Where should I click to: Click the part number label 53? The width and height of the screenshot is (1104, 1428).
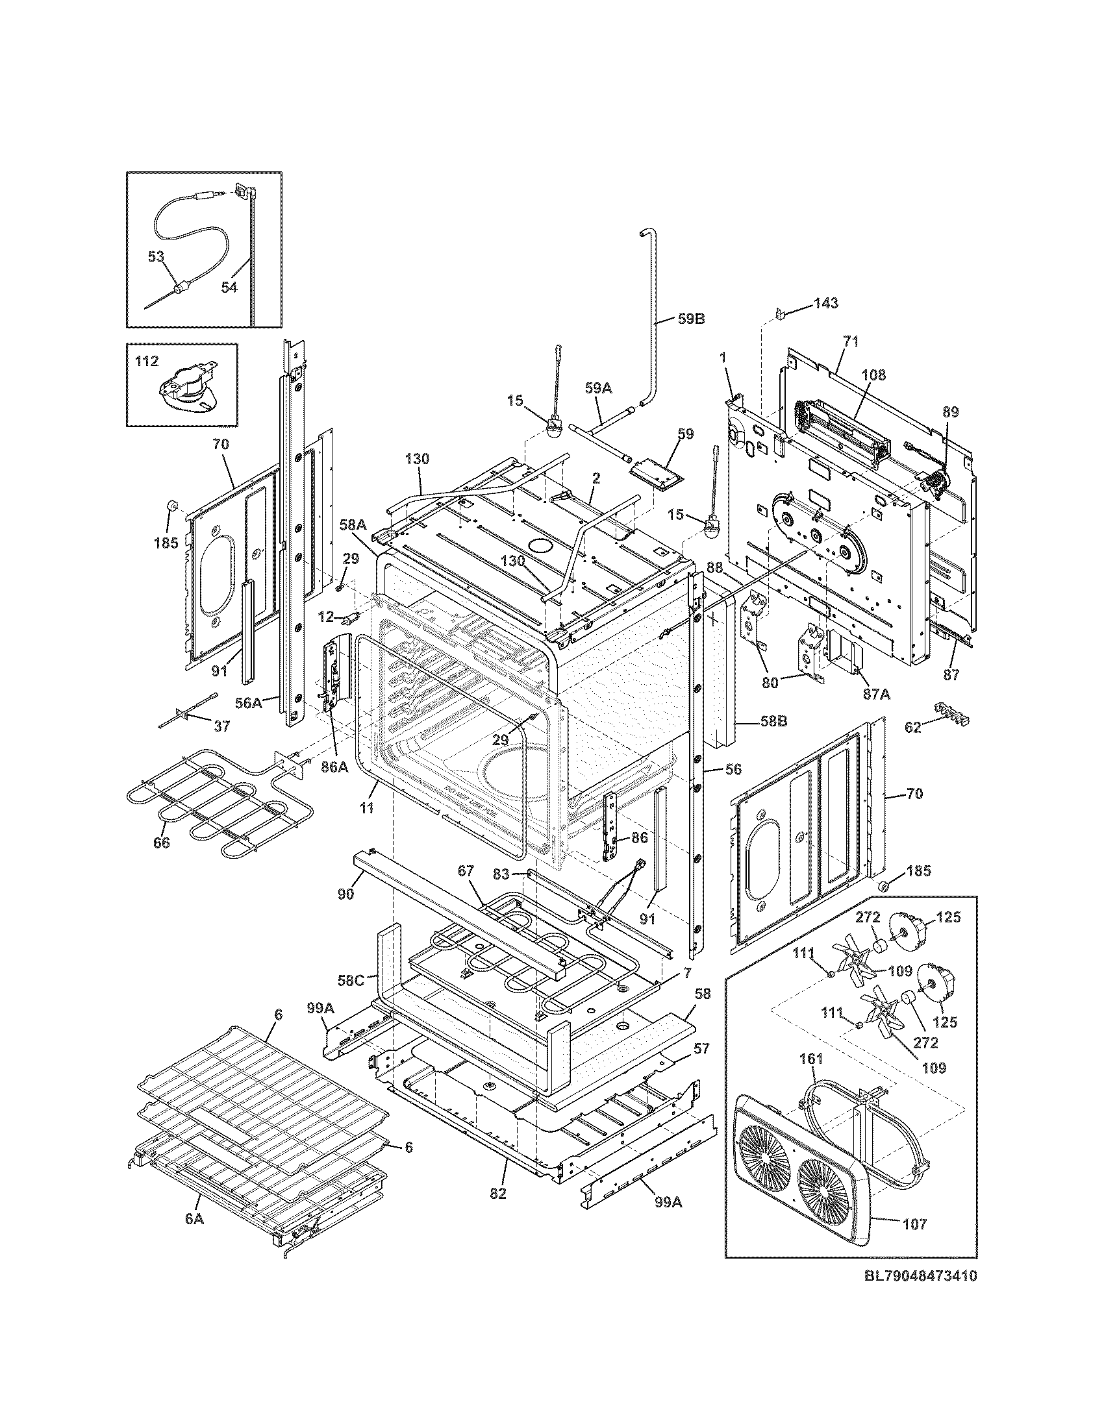click(x=156, y=256)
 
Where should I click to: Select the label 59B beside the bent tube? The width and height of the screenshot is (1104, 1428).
click(x=691, y=320)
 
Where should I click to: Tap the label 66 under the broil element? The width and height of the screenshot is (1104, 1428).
click(x=161, y=843)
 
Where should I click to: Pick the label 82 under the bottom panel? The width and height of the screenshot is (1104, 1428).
click(x=498, y=1193)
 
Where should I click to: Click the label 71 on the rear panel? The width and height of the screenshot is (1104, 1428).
click(x=851, y=341)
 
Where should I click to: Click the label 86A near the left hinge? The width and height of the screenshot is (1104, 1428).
click(x=334, y=767)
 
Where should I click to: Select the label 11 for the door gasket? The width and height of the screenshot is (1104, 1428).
click(x=367, y=808)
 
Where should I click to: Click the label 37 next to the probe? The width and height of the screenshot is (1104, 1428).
click(x=221, y=726)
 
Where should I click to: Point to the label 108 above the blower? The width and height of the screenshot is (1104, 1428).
click(x=873, y=375)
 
